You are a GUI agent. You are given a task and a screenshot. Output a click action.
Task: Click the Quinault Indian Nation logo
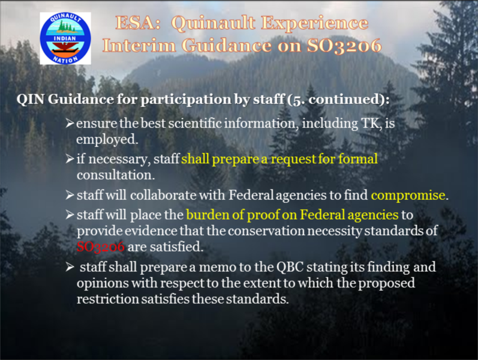pyautogui.click(x=65, y=38)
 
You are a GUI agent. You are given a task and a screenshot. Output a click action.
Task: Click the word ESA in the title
pyautogui.click(x=138, y=23)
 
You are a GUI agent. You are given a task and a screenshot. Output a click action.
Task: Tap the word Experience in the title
pyautogui.click(x=315, y=24)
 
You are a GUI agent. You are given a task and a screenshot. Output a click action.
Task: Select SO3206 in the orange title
pyautogui.click(x=344, y=46)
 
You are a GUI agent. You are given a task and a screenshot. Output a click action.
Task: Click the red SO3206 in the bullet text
pyautogui.click(x=101, y=247)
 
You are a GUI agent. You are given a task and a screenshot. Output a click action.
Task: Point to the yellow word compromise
pyautogui.click(x=408, y=196)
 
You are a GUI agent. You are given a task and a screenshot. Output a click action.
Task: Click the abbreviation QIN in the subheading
pyautogui.click(x=31, y=100)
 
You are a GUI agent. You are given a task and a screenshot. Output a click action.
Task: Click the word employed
pyautogui.click(x=107, y=140)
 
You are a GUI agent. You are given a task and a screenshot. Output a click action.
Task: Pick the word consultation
pyautogui.click(x=116, y=175)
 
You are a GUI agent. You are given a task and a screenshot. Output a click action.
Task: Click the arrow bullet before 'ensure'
pyautogui.click(x=70, y=124)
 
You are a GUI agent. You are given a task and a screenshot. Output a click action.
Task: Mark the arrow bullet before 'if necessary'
pyautogui.click(x=70, y=159)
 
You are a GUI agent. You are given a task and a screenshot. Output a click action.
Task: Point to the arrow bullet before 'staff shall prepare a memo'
pyautogui.click(x=70, y=267)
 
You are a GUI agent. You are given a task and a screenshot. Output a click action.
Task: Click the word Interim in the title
pyautogui.click(x=139, y=46)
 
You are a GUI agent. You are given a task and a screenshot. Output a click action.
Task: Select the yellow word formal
pyautogui.click(x=358, y=159)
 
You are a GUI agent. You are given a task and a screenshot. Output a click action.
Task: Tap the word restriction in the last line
pyautogui.click(x=107, y=299)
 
